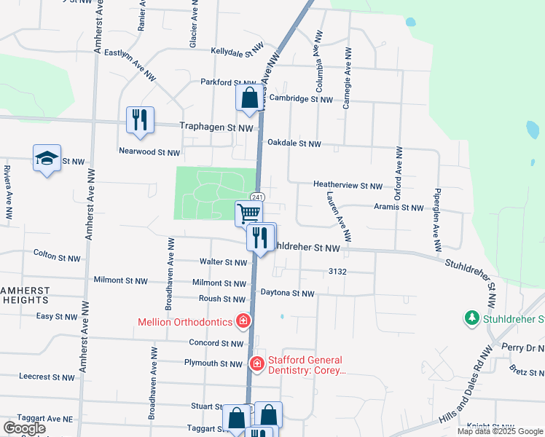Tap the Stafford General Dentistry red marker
tap(256, 363)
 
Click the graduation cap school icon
tap(47, 159)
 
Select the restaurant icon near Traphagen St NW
tap(140, 120)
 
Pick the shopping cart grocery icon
tap(248, 213)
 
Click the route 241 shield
tap(256, 197)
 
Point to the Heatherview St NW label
tap(348, 186)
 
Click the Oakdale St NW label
tap(294, 144)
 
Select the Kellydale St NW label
tap(236, 52)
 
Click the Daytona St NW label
tap(287, 294)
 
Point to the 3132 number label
tap(337, 271)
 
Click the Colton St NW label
tap(56, 255)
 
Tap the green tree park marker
tap(472, 318)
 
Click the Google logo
tap(23, 428)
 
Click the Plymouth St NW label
tap(213, 363)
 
